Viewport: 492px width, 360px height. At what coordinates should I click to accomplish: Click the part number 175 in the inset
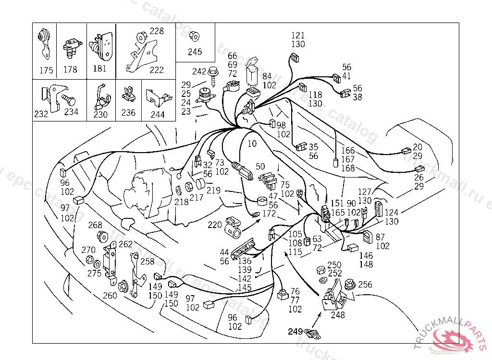(46, 71)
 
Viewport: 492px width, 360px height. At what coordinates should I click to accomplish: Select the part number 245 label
(195, 52)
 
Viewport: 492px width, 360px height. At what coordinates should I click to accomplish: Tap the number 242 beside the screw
(199, 72)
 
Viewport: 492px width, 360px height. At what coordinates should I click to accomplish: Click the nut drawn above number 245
(195, 36)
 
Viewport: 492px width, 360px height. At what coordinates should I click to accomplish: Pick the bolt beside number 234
(68, 100)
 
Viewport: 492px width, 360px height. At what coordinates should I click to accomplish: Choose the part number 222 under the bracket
(157, 70)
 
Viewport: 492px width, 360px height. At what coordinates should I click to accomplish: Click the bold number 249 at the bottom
(295, 331)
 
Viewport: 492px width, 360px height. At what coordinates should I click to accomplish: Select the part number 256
(365, 285)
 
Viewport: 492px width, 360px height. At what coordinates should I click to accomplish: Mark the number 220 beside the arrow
(215, 224)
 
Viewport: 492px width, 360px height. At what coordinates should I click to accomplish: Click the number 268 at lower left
(95, 225)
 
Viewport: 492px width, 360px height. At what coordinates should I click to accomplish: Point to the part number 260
(110, 295)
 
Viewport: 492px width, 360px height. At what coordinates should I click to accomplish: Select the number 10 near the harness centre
(252, 143)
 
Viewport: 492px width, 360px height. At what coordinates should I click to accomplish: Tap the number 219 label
(213, 191)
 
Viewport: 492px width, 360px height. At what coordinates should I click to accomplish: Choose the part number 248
(338, 315)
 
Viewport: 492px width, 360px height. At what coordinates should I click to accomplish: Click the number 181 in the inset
(99, 69)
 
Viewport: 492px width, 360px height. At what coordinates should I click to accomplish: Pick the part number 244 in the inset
(158, 115)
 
